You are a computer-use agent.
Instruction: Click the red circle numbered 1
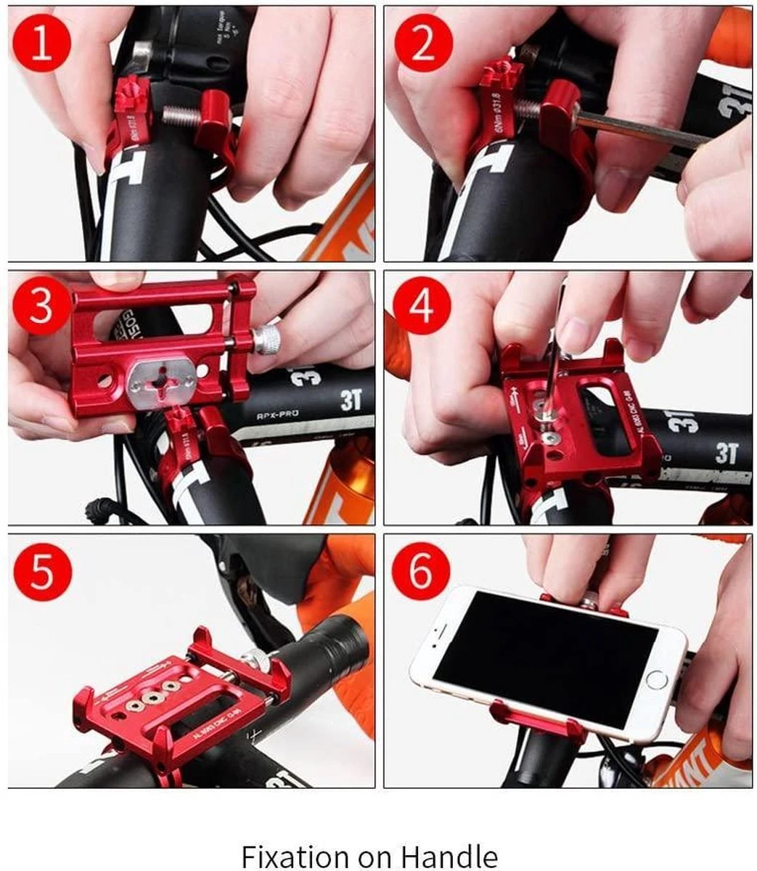click(42, 41)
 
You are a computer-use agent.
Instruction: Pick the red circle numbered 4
click(422, 306)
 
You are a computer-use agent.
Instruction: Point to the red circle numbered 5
click(42, 571)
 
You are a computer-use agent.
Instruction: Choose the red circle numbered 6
click(422, 571)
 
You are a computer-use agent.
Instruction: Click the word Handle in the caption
click(455, 856)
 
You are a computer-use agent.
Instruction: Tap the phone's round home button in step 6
click(657, 680)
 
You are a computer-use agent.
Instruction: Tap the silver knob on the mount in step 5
click(253, 659)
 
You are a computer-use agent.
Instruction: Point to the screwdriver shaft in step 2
click(639, 131)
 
